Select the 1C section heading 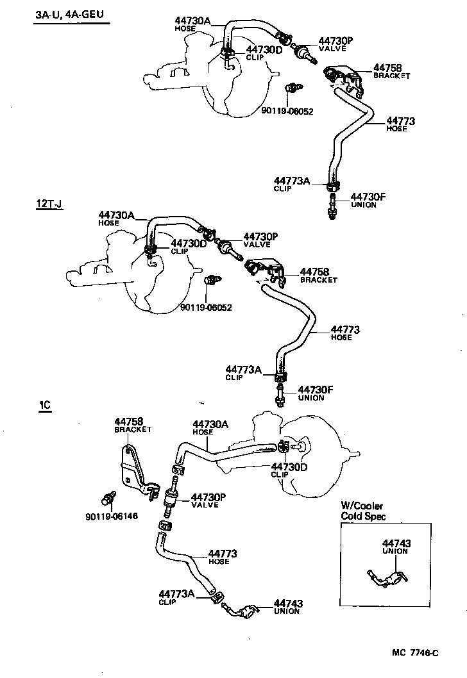[x=44, y=406]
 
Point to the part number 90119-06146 [x=111, y=516]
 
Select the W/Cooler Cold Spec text [x=363, y=511]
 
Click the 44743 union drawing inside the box [x=384, y=576]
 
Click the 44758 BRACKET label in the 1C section [x=132, y=425]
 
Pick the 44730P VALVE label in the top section [x=335, y=44]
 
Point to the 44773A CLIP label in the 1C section [x=176, y=597]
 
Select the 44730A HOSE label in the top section [x=192, y=24]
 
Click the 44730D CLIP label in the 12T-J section [x=189, y=247]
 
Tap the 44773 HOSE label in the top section [x=401, y=124]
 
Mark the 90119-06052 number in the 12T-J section [x=206, y=307]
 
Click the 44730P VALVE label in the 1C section [x=208, y=500]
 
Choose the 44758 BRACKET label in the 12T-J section [x=319, y=276]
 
